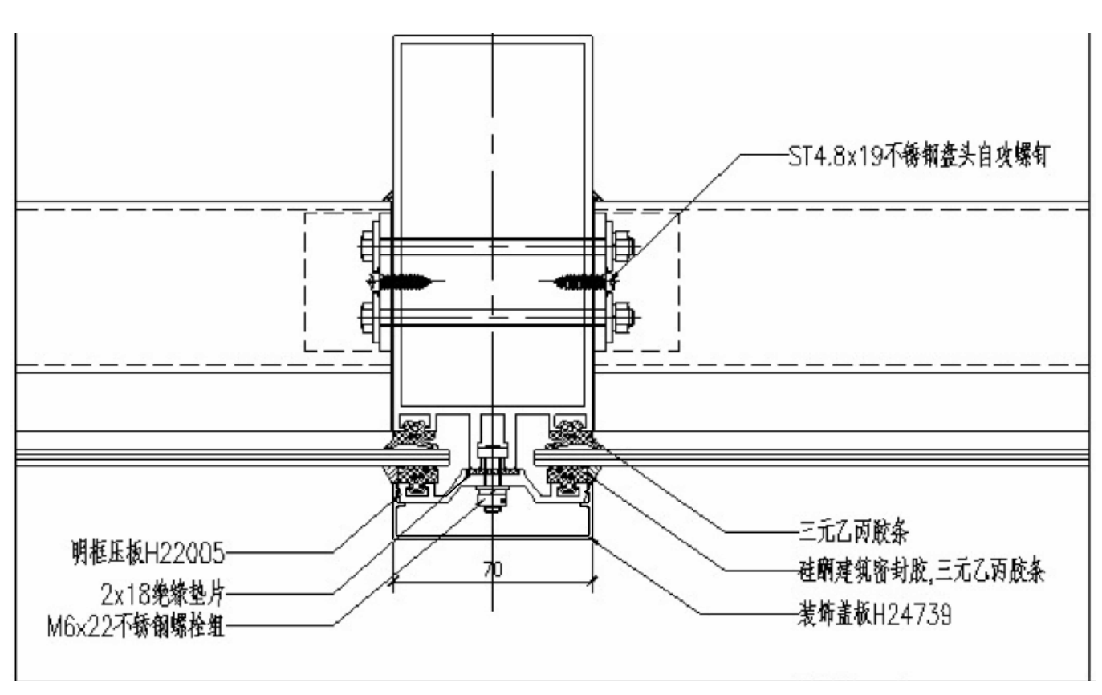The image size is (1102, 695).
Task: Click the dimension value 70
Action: pos(492,571)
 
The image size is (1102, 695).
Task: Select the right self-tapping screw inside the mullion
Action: pos(577,281)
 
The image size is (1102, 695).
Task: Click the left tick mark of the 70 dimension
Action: pos(393,581)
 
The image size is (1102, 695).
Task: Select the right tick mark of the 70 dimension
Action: pos(592,581)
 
